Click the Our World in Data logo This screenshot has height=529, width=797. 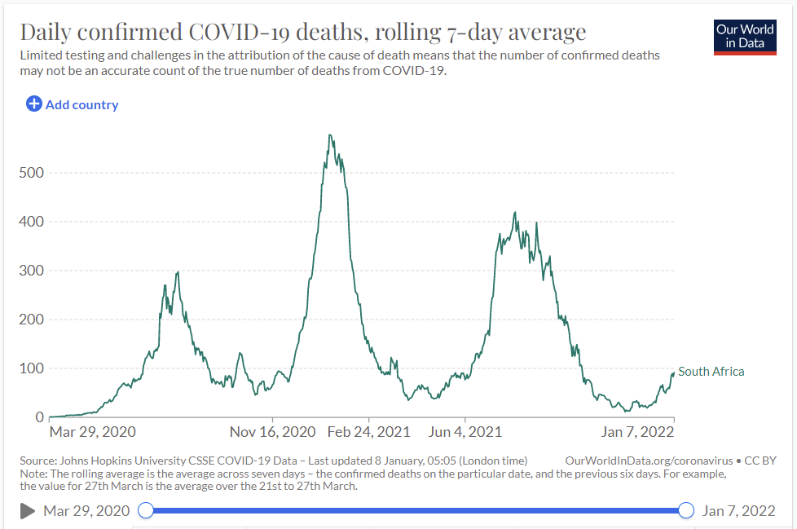coord(745,37)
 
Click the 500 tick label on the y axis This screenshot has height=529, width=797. coord(32,173)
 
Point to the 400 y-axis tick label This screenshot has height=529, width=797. coord(32,222)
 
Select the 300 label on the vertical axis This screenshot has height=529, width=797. coord(32,271)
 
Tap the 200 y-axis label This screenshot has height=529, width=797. coord(32,320)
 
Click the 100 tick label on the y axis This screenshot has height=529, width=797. coord(32,368)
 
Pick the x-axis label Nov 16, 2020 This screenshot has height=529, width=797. coord(272,432)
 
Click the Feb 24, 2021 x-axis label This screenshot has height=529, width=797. coord(368,432)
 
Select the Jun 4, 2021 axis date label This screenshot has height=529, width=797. coord(465,432)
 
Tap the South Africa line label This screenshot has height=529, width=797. coord(711,372)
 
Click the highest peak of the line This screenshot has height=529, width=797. coord(330,134)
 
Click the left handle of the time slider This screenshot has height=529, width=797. coord(146,510)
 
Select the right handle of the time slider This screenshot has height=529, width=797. coord(686,510)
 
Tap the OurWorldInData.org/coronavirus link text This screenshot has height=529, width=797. coord(649,461)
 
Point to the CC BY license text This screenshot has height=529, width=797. coord(760,461)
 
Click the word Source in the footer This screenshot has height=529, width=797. coord(37,461)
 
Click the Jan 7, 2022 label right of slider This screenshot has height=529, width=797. coord(738,511)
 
